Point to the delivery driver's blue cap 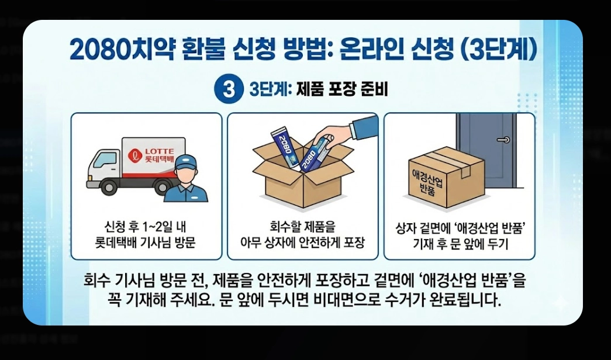(x=185, y=162)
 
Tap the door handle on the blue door (x=502, y=140)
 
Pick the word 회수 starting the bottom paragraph (x=97, y=282)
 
